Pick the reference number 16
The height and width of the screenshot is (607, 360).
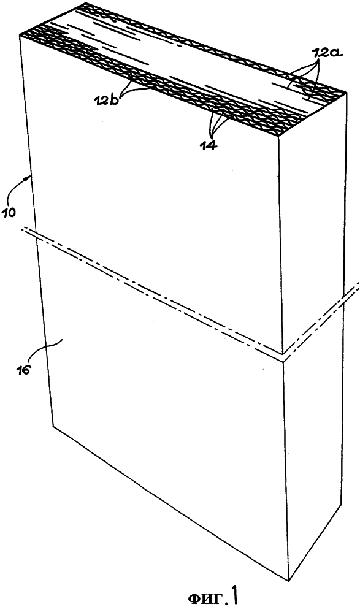tap(23, 368)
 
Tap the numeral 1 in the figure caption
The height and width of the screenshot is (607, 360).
tap(234, 595)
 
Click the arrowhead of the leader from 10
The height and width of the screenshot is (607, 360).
tap(31, 177)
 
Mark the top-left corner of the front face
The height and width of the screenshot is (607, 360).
tap(20, 36)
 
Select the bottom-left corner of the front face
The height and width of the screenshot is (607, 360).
tap(53, 427)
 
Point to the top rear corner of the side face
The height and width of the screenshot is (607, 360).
tap(346, 94)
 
